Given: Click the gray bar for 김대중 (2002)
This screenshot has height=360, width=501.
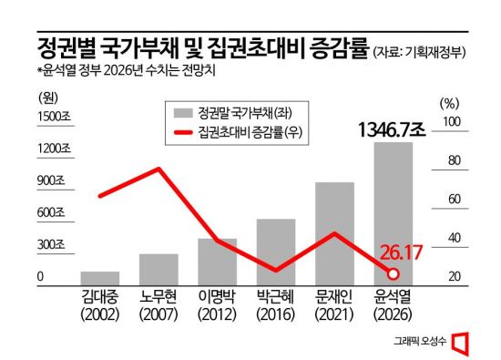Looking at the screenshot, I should click(100, 278).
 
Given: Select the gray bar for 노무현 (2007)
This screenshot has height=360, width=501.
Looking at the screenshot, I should click(158, 269).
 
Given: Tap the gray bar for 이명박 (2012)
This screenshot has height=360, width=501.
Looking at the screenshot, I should click(217, 262).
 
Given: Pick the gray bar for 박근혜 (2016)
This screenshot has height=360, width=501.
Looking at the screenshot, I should click(275, 252).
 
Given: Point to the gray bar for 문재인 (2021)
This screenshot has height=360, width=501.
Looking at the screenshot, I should click(334, 233).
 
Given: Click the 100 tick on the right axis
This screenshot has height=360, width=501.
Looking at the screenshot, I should click(452, 121).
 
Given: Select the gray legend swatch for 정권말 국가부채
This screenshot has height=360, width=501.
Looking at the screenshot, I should click(186, 113).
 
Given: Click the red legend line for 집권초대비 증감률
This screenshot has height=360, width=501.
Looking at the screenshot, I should click(186, 134).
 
